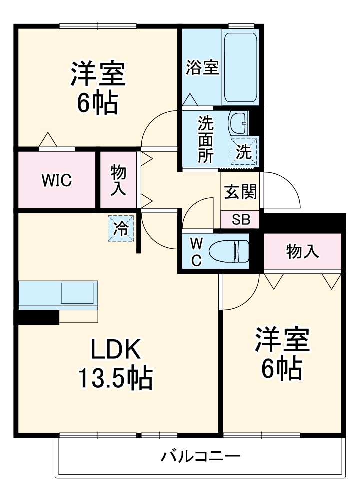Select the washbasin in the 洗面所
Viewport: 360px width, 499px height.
coord(238,123)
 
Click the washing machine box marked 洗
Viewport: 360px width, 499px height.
coord(244,152)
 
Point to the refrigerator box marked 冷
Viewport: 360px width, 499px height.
coord(121,228)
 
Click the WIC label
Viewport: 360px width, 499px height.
coord(57,181)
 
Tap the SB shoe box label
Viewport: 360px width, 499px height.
coord(241,220)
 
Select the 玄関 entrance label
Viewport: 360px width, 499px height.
coord(240,192)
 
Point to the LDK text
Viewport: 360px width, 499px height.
coord(115,349)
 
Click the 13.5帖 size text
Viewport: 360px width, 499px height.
coord(115,378)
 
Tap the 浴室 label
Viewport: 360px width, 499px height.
coord(202,67)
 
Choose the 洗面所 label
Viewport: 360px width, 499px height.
coord(206,140)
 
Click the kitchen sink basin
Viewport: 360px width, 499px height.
coord(78,293)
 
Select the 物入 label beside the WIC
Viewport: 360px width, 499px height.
coord(118,181)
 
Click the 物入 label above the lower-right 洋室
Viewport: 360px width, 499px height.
coord(302,251)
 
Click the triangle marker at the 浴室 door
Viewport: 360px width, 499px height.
coord(191,100)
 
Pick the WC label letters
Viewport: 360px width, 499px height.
coord(196,252)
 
